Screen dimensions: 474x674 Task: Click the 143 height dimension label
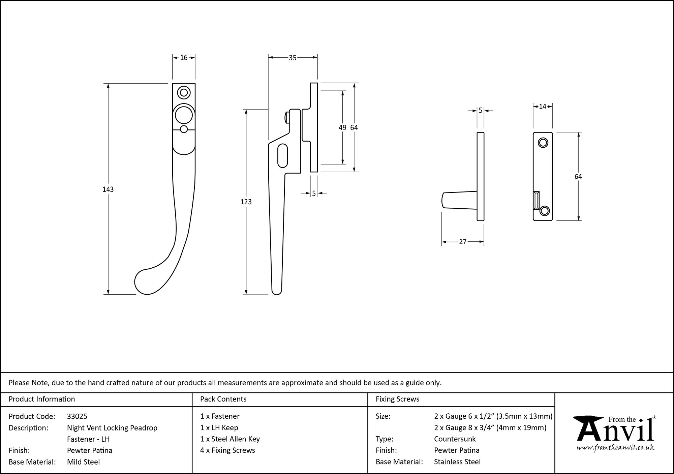(108, 189)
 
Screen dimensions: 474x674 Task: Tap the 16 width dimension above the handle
(184, 58)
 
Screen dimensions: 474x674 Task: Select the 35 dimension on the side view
(293, 58)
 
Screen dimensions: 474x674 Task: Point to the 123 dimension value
(246, 202)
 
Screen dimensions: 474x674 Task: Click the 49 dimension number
(342, 127)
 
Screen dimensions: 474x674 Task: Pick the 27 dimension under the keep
(463, 242)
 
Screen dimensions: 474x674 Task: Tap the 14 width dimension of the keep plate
(542, 107)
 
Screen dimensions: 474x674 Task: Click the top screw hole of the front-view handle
(184, 92)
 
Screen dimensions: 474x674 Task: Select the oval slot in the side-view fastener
(283, 155)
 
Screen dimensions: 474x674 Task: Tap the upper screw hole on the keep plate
(543, 143)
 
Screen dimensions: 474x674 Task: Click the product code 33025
(77, 416)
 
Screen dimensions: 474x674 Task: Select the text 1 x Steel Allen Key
(230, 439)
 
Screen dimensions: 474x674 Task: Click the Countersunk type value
(455, 439)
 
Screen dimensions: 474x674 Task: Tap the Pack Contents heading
(223, 399)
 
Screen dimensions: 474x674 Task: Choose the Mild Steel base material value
(83, 462)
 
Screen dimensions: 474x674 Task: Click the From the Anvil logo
(615, 433)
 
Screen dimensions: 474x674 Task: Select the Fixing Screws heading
(397, 399)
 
